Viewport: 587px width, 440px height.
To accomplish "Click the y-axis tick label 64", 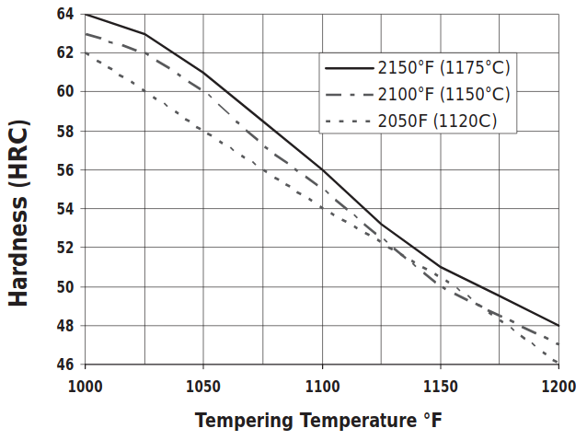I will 64,14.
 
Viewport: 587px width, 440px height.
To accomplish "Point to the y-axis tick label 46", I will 64,365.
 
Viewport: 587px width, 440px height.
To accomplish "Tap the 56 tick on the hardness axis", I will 64,170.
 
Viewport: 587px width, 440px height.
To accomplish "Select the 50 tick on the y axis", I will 64,287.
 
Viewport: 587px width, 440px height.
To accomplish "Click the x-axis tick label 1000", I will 85,385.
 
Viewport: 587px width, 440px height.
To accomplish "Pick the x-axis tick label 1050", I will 203,385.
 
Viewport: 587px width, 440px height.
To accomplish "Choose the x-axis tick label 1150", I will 440,385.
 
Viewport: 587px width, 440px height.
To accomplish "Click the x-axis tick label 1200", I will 558,385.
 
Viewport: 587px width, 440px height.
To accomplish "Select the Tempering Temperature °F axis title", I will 318,421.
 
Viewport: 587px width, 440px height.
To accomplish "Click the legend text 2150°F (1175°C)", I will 443,67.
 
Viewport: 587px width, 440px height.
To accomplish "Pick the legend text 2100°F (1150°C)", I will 443,94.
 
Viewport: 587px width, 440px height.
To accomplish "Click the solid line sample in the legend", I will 349,67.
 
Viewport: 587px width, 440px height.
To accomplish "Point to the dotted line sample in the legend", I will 349,122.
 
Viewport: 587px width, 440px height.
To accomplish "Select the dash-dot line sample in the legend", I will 349,94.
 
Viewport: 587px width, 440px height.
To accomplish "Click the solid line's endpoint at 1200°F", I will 558,326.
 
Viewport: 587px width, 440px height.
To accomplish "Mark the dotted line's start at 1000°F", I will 86,53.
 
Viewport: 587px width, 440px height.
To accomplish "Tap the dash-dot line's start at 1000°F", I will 86,34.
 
